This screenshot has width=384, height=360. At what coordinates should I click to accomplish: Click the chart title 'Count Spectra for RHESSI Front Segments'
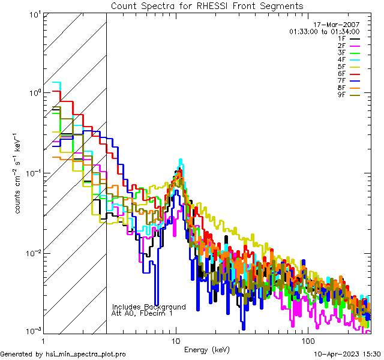point(207,5)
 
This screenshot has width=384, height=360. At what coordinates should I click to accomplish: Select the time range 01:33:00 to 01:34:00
point(324,31)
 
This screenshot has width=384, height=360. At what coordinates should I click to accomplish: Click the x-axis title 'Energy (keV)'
point(206,349)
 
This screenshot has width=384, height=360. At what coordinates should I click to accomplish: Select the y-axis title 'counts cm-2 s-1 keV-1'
point(20,173)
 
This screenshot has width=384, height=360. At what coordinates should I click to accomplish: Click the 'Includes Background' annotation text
point(149,307)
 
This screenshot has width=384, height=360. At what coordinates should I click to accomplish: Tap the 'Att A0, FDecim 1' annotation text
point(142,313)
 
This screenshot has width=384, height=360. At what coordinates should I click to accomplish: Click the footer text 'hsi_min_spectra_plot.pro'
point(85,354)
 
